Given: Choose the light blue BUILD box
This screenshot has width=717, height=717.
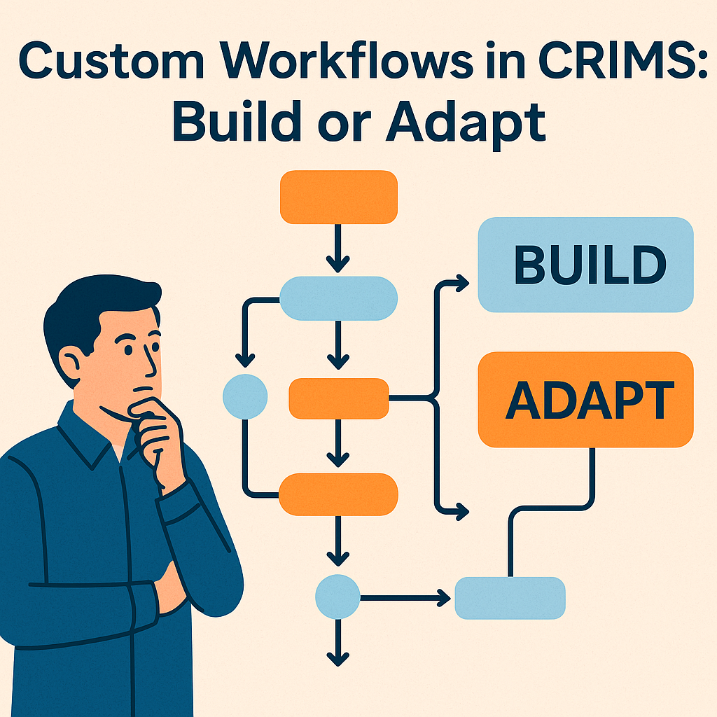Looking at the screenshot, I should point(585,265).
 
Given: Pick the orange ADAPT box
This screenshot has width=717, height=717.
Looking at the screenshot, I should point(585,398).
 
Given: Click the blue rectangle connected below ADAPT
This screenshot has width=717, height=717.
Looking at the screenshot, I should point(510,598).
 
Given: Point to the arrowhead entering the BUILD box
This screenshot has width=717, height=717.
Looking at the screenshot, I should point(461,283).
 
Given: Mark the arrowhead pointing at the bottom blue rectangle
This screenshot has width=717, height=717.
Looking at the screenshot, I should point(443,598).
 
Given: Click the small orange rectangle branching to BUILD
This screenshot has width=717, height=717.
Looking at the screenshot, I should point(338,398).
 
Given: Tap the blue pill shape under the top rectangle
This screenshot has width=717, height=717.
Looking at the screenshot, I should point(338,298).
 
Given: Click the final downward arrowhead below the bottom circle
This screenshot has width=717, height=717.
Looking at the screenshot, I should point(337,658).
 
